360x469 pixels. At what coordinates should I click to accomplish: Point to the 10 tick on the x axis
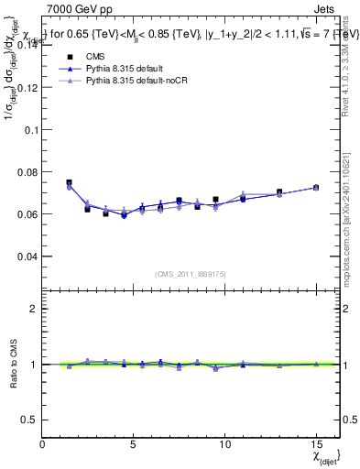pos(224,442)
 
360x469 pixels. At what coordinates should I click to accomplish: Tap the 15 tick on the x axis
pos(315,442)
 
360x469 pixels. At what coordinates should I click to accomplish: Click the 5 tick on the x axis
pos(134,442)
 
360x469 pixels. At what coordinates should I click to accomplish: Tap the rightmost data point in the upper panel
pos(316,187)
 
